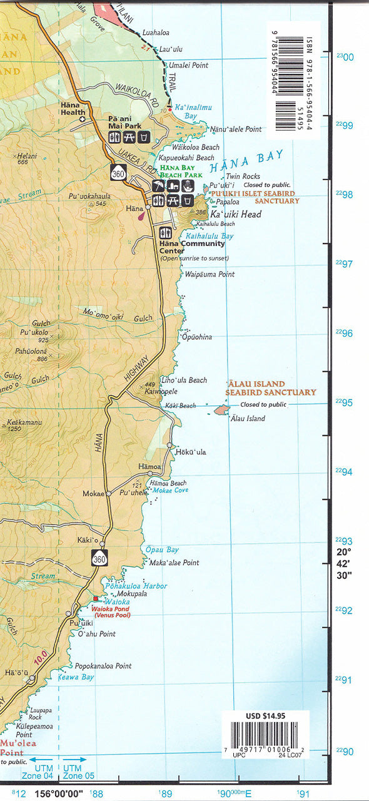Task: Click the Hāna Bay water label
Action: point(247,161)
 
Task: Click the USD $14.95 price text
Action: point(266,716)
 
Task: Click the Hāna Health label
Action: point(73,109)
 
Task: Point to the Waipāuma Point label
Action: point(210,274)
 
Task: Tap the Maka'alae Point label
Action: point(174,563)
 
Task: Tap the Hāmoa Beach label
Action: point(169,483)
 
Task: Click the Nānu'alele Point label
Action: point(235,129)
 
